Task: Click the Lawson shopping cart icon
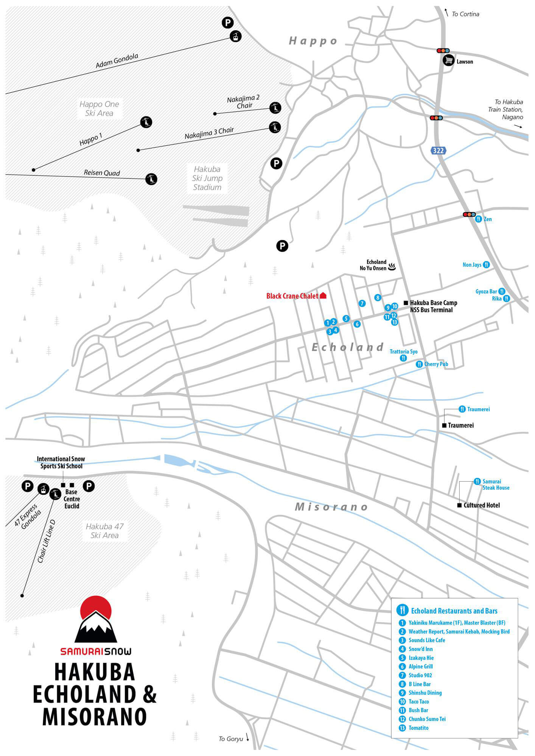[x=448, y=60]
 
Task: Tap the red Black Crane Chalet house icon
[x=323, y=296]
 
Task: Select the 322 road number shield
[x=438, y=150]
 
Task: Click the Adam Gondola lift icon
[x=236, y=37]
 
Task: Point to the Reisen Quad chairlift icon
[x=151, y=179]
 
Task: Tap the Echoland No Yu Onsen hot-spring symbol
[x=392, y=267]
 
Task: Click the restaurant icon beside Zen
[x=478, y=219]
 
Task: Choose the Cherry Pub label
[x=436, y=364]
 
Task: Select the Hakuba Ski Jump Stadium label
[x=207, y=178]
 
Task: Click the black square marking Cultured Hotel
[x=460, y=505]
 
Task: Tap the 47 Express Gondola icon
[x=44, y=489]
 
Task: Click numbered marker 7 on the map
[x=362, y=303]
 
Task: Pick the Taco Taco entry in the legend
[x=418, y=701]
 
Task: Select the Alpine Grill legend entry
[x=420, y=666]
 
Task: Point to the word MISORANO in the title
[x=95, y=717]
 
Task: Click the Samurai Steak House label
[x=496, y=484]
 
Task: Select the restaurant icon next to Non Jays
[x=487, y=265]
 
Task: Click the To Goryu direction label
[x=231, y=739]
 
